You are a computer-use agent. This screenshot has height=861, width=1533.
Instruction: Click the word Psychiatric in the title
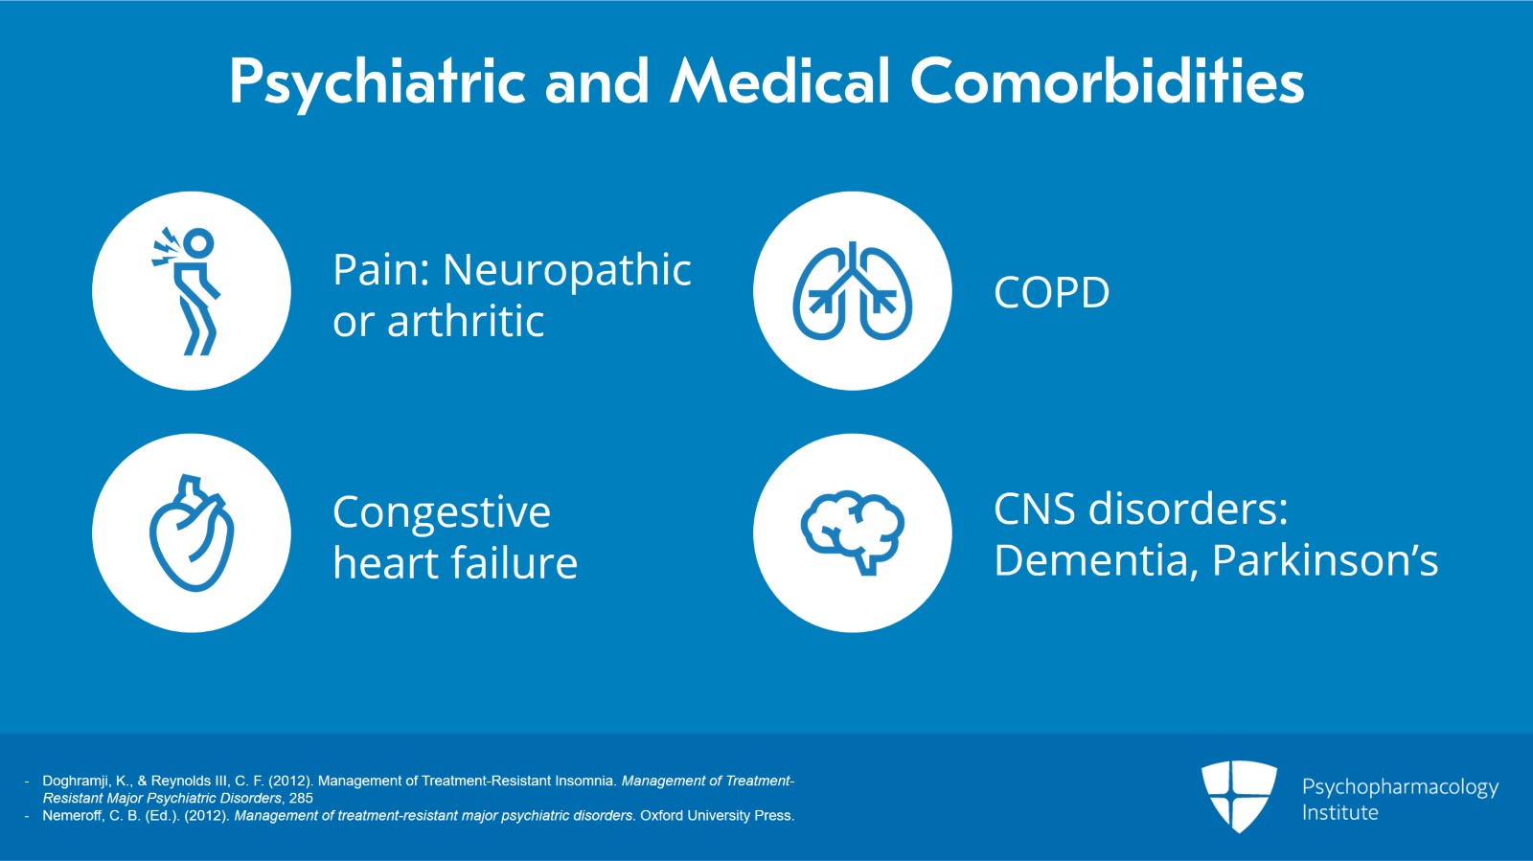377,82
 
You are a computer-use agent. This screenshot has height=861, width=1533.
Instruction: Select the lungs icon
852,291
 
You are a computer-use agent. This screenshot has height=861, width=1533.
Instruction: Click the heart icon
192,532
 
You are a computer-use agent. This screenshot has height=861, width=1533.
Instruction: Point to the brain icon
852,532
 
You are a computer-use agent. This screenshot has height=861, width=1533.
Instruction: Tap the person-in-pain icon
192,291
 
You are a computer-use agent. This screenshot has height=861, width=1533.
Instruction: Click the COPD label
1051,292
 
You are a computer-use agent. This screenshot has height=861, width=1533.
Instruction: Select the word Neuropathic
566,271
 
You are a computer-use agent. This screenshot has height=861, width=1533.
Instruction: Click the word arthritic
466,322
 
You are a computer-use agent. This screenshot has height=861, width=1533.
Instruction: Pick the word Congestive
441,513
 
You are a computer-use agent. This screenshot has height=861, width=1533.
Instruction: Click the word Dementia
1095,560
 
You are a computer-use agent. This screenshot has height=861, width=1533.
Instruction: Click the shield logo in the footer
1238,795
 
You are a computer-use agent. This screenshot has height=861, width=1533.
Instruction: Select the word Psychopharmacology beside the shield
1399,787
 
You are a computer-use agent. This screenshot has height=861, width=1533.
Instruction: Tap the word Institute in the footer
1339,813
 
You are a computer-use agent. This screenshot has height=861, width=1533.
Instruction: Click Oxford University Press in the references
717,816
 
